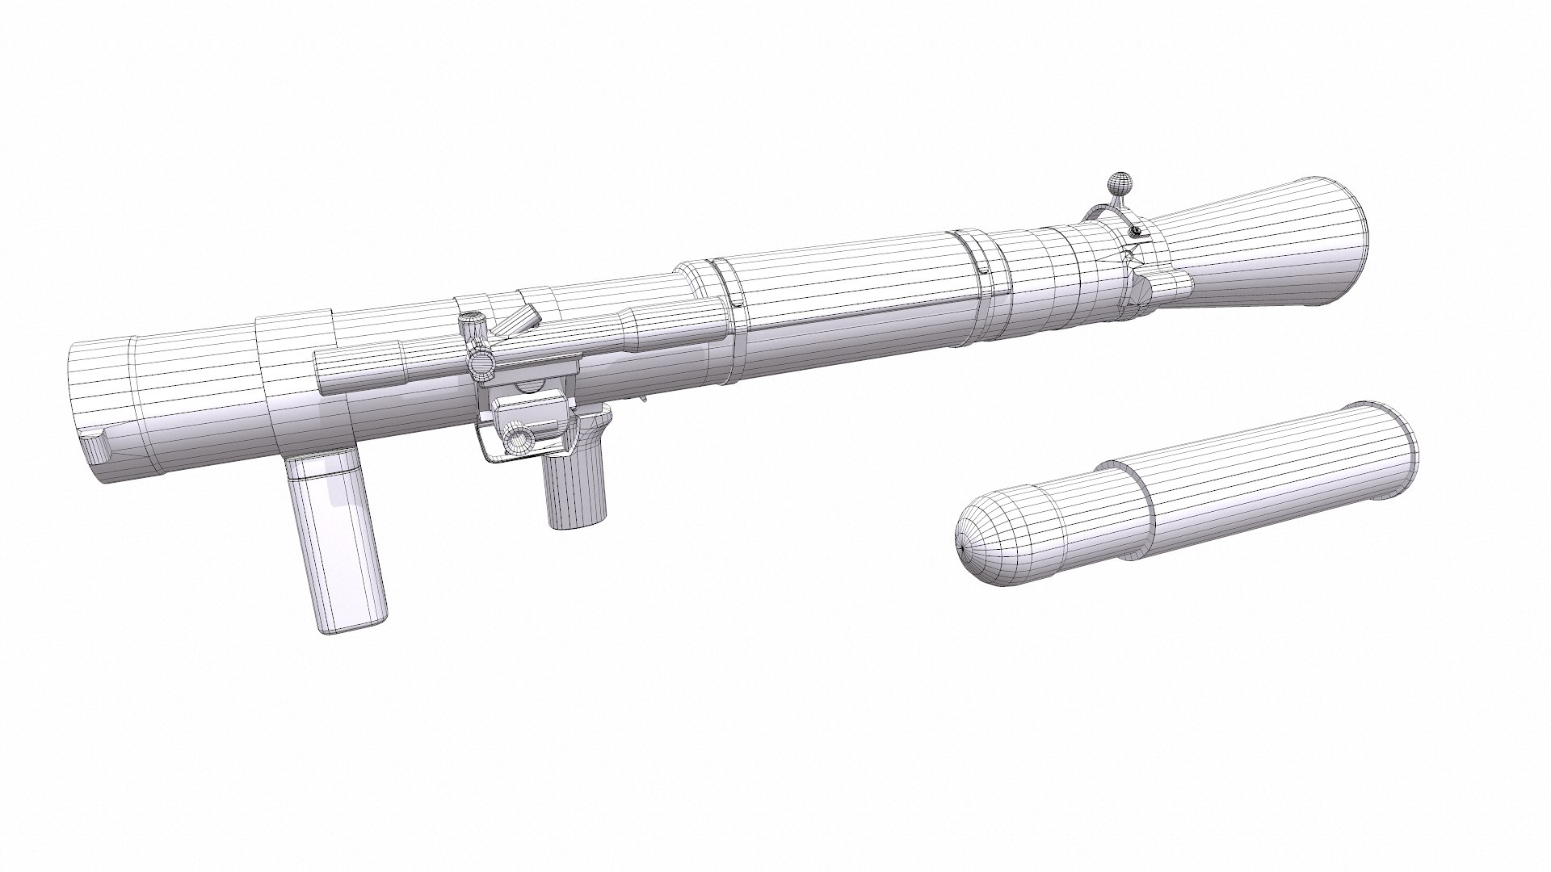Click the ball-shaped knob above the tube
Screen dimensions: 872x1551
(x=1118, y=182)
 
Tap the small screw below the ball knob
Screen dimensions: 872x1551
(x=1137, y=233)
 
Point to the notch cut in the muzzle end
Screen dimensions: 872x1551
(x=95, y=445)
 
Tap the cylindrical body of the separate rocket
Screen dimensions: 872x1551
(x=1260, y=484)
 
